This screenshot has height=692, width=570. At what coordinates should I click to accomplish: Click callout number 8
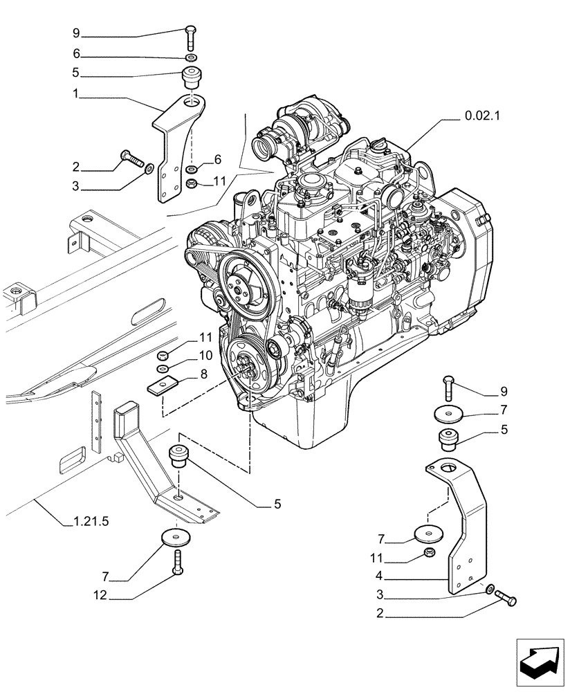pyautogui.click(x=203, y=374)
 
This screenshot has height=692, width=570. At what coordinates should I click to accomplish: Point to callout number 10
pyautogui.click(x=205, y=356)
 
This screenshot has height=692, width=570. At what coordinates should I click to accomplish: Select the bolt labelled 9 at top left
pyautogui.click(x=192, y=38)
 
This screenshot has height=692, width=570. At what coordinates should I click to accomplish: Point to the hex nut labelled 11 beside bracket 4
pyautogui.click(x=429, y=553)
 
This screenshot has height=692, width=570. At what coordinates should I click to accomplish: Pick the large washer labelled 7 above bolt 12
pyautogui.click(x=178, y=537)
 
